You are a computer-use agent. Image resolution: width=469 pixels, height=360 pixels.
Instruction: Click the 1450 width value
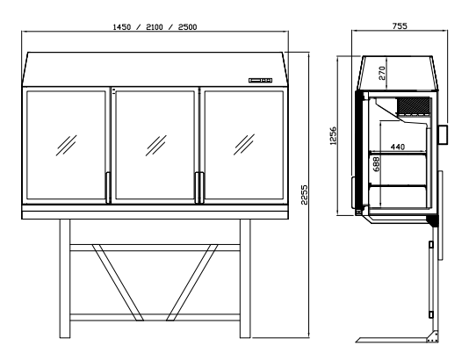(x=122, y=27)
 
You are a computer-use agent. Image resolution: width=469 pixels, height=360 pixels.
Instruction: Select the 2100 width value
(x=155, y=27)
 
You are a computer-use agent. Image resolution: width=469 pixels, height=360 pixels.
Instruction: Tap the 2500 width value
(x=188, y=27)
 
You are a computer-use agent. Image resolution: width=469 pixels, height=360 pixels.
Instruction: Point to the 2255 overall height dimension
(x=304, y=195)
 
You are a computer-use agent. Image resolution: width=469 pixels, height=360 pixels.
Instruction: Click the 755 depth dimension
(x=400, y=26)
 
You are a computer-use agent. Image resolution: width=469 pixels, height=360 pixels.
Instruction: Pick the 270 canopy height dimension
(x=382, y=73)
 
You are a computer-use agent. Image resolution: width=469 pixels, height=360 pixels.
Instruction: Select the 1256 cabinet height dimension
(x=333, y=136)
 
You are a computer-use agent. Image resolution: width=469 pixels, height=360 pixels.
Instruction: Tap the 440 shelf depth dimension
(x=398, y=147)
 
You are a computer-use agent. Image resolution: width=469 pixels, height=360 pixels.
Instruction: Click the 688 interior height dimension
(x=376, y=164)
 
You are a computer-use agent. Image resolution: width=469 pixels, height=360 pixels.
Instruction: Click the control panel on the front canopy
(x=260, y=80)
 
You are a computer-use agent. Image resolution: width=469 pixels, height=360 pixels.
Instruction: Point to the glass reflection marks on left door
(x=66, y=145)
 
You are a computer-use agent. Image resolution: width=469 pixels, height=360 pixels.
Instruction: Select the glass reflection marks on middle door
(x=155, y=145)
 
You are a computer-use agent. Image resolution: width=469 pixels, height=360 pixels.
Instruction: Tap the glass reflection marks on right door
(x=244, y=144)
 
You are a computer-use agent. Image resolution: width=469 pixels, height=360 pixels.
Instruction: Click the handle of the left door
(x=108, y=188)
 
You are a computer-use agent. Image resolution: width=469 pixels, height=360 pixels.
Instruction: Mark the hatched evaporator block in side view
(x=414, y=105)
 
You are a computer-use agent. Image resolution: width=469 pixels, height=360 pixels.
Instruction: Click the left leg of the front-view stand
(x=65, y=278)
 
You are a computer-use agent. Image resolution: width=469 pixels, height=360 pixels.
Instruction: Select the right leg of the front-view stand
(x=245, y=278)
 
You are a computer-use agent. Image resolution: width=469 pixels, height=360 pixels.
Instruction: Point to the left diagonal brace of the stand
(x=118, y=283)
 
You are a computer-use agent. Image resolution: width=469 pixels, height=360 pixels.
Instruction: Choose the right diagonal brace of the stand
(x=191, y=283)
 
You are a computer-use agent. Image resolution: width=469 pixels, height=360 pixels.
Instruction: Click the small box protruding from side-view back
(x=443, y=135)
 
